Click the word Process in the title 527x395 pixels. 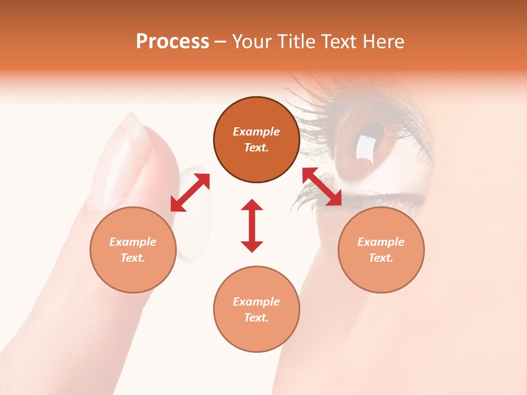[172, 42]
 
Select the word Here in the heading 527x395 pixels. [382, 42]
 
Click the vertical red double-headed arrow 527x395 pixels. [252, 225]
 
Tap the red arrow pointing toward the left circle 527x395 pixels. [190, 192]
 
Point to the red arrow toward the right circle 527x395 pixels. [322, 187]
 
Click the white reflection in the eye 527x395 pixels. [365, 147]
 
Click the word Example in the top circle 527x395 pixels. [256, 132]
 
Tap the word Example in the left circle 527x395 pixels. [133, 242]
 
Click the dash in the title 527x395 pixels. [221, 42]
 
